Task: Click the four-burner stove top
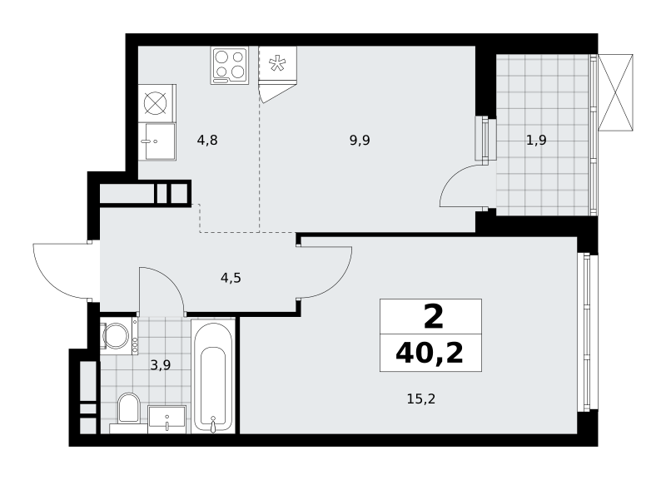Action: (230, 66)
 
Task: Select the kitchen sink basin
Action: (160, 141)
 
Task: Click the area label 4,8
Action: (207, 140)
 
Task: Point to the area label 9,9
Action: (360, 140)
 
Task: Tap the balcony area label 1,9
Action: (536, 140)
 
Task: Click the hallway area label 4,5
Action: (231, 278)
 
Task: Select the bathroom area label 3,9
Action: (161, 364)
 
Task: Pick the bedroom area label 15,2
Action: (421, 399)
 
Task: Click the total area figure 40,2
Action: (430, 353)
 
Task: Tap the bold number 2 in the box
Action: (433, 317)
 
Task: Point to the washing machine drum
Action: (116, 336)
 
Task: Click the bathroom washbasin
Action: (167, 419)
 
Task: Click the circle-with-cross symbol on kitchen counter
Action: (155, 103)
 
